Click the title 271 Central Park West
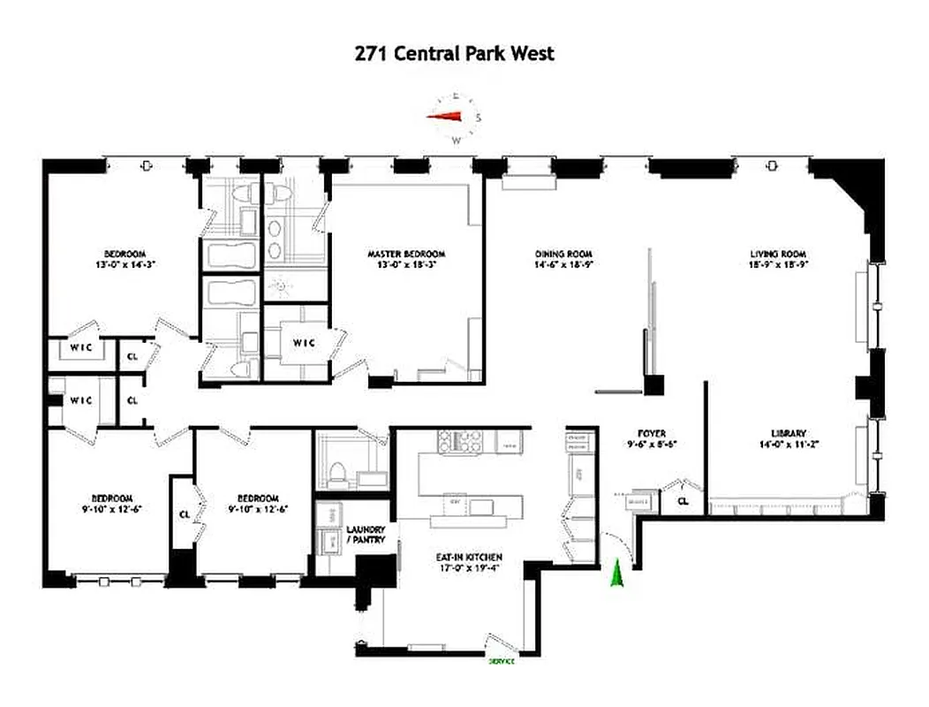click(455, 53)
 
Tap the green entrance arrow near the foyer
click(617, 574)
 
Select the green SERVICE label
click(502, 660)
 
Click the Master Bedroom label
click(406, 253)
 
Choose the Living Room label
click(778, 253)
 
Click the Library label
click(788, 433)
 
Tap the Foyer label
click(651, 433)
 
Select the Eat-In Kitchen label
click(468, 557)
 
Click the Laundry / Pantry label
click(366, 534)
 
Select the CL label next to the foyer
click(683, 501)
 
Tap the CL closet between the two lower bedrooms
click(184, 513)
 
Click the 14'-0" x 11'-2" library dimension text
click(788, 445)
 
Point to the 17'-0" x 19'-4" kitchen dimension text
click(468, 568)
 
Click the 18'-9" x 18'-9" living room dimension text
click(778, 264)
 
